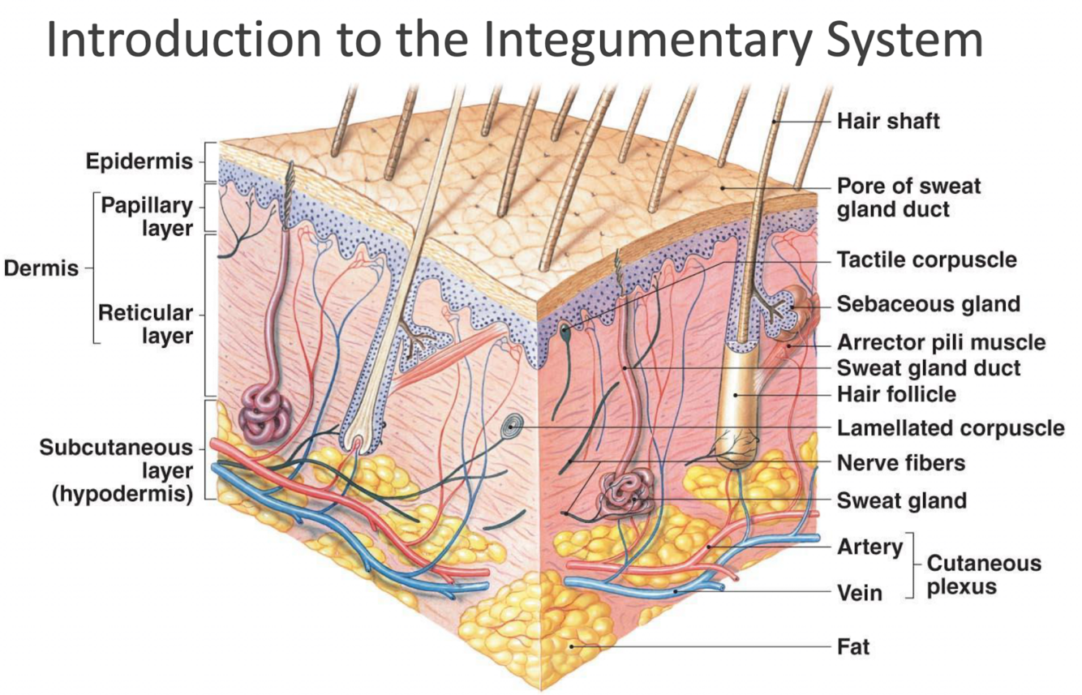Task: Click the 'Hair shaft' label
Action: click(888, 122)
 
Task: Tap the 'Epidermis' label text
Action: click(140, 161)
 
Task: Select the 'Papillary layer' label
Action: click(146, 217)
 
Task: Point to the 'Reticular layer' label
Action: click(145, 324)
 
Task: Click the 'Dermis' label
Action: click(41, 268)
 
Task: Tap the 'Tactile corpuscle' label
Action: click(926, 260)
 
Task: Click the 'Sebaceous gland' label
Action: click(928, 304)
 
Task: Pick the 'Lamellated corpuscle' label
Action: click(950, 427)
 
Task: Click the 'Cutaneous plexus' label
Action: click(973, 574)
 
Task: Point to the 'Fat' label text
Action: click(853, 647)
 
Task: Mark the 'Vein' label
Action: click(859, 593)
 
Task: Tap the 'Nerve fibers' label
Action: click(901, 463)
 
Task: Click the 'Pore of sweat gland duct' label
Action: click(908, 197)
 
